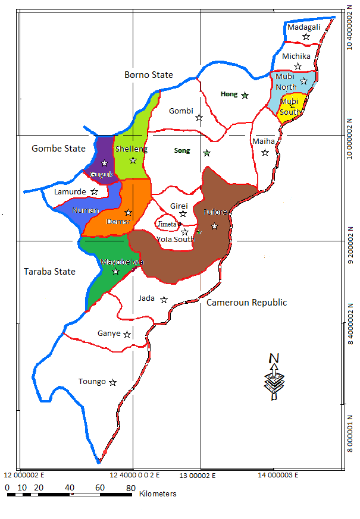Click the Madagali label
pyautogui.click(x=303, y=27)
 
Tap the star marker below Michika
pyautogui.click(x=298, y=66)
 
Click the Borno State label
pyautogui.click(x=149, y=75)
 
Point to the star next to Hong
pyautogui.click(x=245, y=95)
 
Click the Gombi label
pyautogui.click(x=181, y=111)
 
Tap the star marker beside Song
pyautogui.click(x=206, y=153)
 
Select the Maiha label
pyautogui.click(x=264, y=141)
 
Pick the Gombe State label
pyautogui.click(x=58, y=149)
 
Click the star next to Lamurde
pyautogui.click(x=94, y=191)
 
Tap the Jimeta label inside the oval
pyautogui.click(x=167, y=224)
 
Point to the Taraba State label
pyautogui.click(x=49, y=272)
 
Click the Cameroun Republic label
pyautogui.click(x=246, y=303)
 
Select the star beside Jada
pyautogui.click(x=164, y=300)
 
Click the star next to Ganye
pyautogui.click(x=127, y=334)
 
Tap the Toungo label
pyautogui.click(x=92, y=382)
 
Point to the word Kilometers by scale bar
pyautogui.click(x=158, y=494)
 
